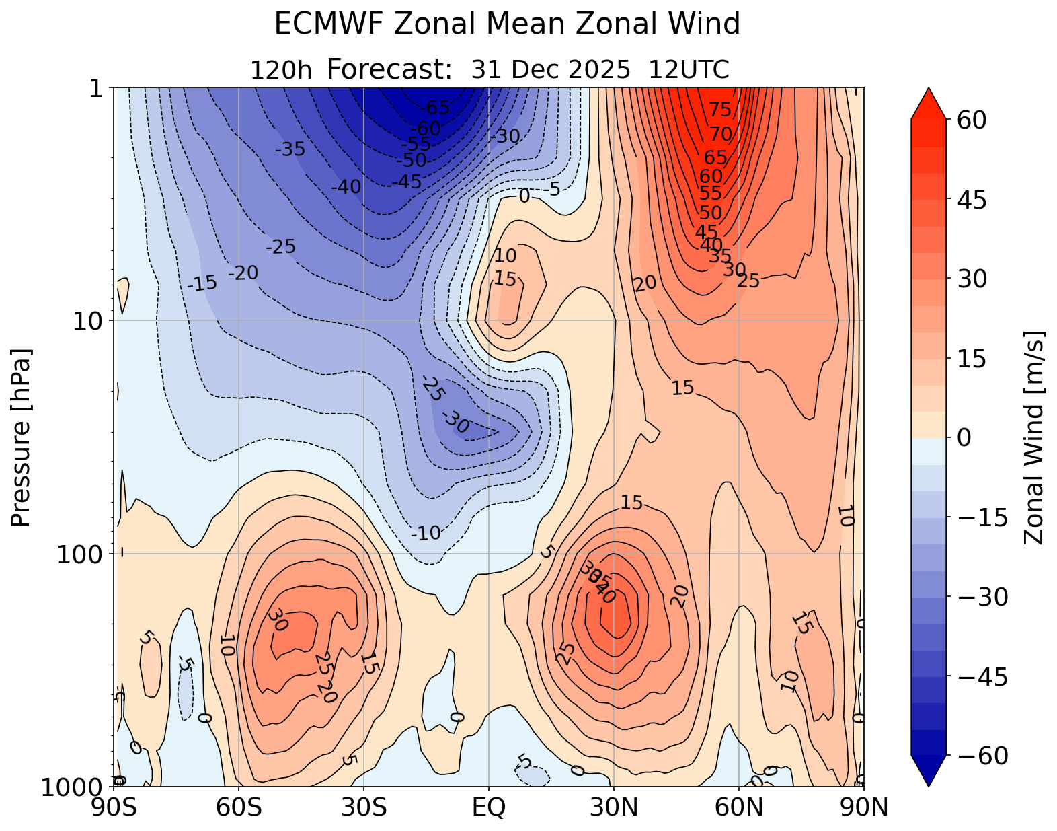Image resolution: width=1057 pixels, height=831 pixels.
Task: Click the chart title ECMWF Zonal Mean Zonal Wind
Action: pos(507,25)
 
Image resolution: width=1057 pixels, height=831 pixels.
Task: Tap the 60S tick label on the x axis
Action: pos(239,807)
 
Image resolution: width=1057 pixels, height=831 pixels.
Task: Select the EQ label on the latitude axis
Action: pos(489,807)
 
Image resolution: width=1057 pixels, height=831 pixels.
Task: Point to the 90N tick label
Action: pos(863,807)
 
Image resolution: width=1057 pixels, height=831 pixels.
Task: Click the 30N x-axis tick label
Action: pos(613,807)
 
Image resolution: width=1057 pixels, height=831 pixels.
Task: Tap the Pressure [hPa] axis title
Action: pos(22,437)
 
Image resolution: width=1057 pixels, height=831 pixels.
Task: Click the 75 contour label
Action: pos(719,110)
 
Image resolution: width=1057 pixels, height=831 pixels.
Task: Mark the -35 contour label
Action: pos(290,149)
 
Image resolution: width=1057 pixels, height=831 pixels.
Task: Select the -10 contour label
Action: pos(426,534)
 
